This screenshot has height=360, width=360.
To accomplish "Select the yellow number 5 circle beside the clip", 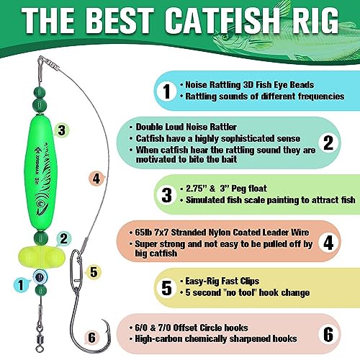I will point(92,271).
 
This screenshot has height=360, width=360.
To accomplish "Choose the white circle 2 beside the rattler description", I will point(328,143).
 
